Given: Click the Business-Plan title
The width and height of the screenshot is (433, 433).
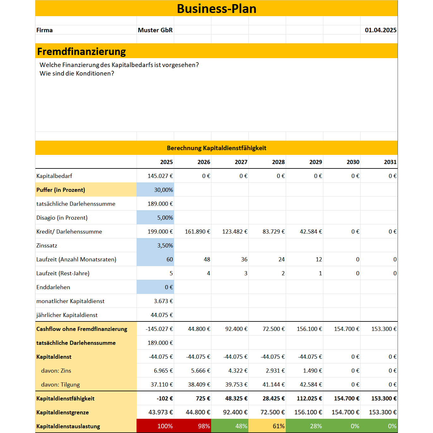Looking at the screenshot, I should (216, 9).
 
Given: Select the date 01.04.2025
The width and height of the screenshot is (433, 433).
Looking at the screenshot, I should (381, 30).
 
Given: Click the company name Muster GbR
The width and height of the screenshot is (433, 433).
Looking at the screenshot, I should (155, 30).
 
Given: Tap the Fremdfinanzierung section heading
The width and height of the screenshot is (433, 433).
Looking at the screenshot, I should (82, 51).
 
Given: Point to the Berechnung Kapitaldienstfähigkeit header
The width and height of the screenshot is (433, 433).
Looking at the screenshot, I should (216, 148).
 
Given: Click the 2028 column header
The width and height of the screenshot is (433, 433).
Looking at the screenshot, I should (278, 162).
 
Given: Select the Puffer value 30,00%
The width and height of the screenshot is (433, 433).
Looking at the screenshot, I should (163, 190).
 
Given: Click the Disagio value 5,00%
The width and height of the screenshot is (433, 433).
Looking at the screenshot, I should (165, 217).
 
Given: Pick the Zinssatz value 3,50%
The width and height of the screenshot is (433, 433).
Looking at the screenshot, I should (165, 245).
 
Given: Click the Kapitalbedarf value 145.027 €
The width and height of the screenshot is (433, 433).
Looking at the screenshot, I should (160, 176).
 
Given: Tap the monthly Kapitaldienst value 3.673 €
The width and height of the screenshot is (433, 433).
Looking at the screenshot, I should (163, 301).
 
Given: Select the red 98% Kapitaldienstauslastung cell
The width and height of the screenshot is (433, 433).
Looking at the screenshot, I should (204, 426).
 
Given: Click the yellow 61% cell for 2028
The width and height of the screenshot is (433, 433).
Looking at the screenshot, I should (278, 426).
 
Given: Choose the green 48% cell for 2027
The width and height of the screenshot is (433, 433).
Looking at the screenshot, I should (241, 426).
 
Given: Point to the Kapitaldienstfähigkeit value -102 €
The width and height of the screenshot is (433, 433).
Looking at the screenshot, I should (165, 398).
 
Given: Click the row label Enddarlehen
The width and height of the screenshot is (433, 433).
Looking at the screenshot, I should (53, 287).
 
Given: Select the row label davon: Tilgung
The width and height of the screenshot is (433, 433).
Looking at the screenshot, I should (60, 384).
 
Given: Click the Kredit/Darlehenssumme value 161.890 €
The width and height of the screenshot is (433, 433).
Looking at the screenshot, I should (198, 231).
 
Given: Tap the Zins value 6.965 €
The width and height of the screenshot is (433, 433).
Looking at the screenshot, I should (163, 370).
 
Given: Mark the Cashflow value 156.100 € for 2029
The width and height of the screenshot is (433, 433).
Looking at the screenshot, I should (309, 329).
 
